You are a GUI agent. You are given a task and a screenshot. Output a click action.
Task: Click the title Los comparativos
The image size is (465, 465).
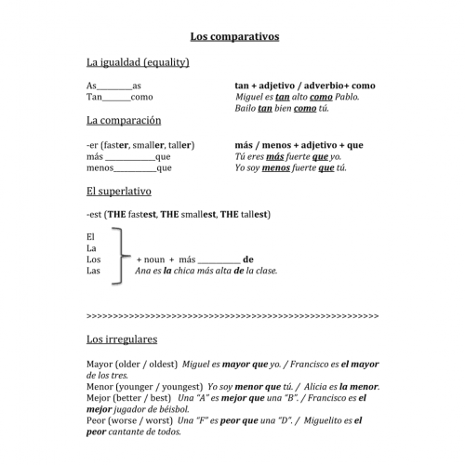tap(234, 36)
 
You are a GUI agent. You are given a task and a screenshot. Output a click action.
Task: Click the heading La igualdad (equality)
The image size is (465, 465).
tap(138, 62)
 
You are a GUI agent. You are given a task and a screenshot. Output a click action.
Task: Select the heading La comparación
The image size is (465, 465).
tap(124, 120)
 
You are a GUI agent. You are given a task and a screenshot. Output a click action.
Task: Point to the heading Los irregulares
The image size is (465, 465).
tap(122, 339)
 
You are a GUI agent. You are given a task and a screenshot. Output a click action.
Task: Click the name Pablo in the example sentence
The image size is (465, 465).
tap(344, 97)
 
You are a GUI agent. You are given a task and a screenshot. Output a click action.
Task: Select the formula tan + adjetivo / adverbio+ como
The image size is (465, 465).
tap(305, 85)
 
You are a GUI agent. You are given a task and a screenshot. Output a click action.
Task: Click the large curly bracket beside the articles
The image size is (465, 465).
tap(119, 255)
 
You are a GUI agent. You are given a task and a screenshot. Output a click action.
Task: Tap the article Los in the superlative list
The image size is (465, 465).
tap(92, 259)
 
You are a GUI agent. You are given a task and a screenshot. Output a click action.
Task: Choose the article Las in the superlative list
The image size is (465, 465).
tap(92, 271)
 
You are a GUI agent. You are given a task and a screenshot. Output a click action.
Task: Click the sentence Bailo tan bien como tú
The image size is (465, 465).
tap(282, 109)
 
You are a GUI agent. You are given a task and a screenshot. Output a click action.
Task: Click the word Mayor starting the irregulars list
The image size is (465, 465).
tap(100, 364)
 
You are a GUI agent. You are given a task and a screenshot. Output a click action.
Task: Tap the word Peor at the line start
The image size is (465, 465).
tap(95, 420)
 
